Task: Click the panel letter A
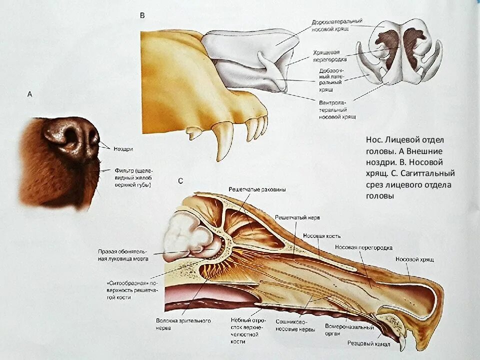[x=30, y=94]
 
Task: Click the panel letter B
[x=142, y=16]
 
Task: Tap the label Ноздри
[x=123, y=148]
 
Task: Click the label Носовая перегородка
[x=363, y=247]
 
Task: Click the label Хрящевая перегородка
[x=330, y=55]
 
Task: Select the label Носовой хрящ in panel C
[x=414, y=259]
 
